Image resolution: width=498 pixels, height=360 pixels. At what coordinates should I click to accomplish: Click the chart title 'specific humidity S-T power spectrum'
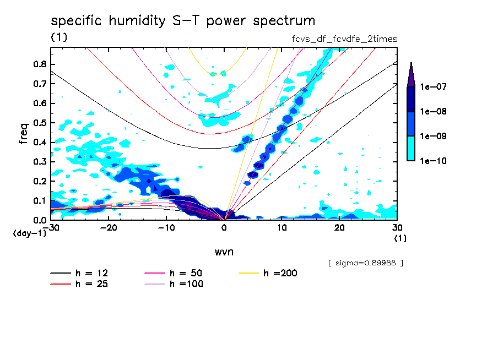click(183, 21)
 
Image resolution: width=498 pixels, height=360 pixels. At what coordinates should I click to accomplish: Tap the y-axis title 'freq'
click(23, 133)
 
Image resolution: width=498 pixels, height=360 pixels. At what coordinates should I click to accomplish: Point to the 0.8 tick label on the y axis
click(39, 64)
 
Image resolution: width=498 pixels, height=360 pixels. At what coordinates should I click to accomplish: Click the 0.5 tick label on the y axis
click(39, 123)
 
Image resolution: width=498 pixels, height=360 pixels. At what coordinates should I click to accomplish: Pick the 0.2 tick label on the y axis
click(39, 181)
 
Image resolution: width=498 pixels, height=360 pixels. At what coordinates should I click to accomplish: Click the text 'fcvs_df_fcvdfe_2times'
click(344, 39)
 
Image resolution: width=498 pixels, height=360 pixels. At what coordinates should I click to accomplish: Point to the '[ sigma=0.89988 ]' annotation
click(366, 263)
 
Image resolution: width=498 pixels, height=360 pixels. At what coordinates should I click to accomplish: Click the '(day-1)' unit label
click(29, 233)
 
